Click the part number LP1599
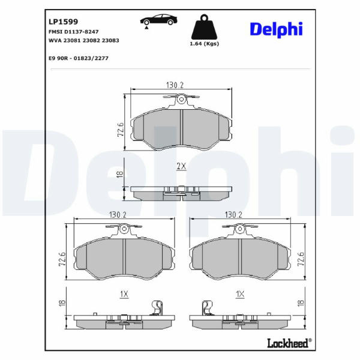[64, 22]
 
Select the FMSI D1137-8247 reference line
[73, 32]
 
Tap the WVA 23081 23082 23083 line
[84, 40]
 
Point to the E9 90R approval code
[79, 58]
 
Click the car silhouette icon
[158, 20]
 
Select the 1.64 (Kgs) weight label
[204, 44]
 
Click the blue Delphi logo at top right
[276, 29]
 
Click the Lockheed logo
[289, 343]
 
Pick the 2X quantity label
[181, 166]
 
